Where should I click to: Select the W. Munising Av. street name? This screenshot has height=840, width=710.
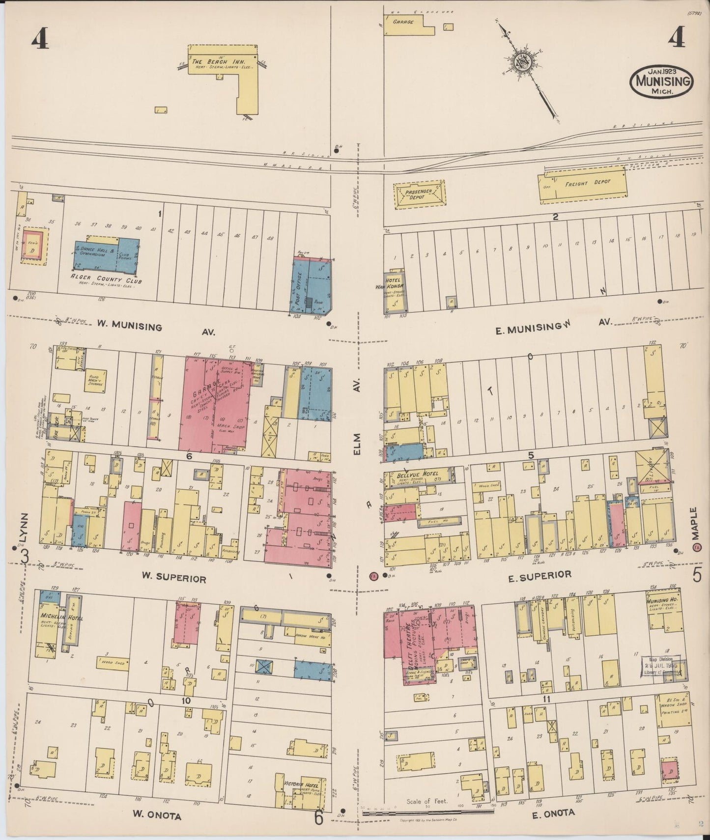pos(130,326)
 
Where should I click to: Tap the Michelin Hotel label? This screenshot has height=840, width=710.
pos(55,617)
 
